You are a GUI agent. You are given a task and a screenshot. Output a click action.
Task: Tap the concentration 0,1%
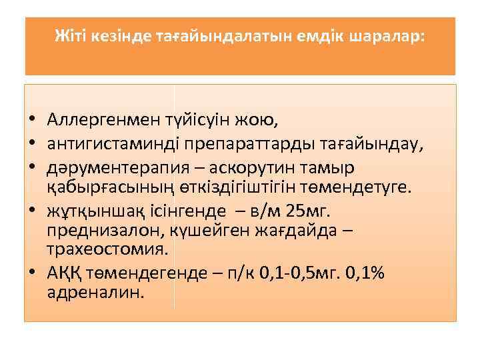(365, 275)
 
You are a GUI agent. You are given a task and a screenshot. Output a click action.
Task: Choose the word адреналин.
(95, 293)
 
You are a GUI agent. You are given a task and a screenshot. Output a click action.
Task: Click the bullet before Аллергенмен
(31, 121)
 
